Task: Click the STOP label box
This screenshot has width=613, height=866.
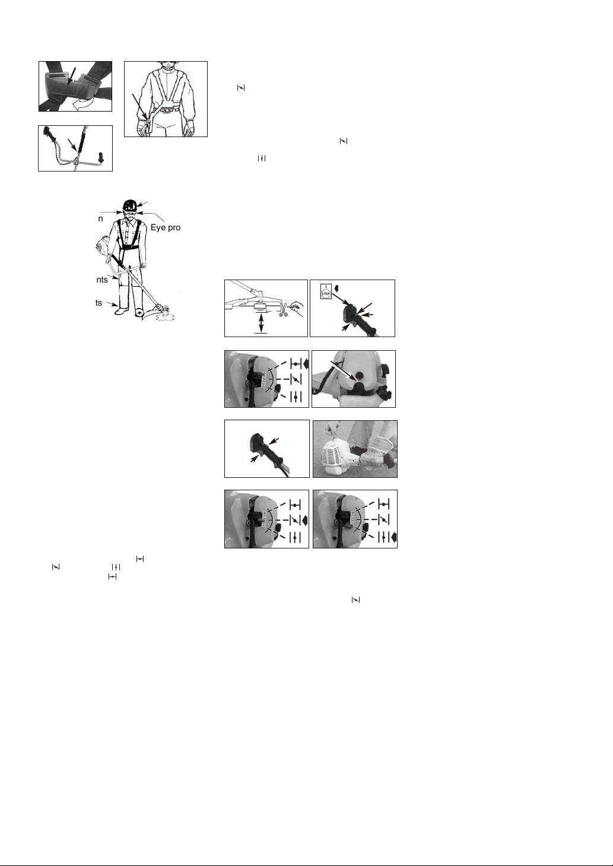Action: pos(325,293)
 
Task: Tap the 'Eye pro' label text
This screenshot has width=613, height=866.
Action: pos(165,227)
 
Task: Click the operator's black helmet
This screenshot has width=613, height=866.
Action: pos(129,205)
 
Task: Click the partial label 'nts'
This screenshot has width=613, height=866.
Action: pos(101,280)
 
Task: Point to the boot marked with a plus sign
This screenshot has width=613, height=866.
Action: pos(138,311)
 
